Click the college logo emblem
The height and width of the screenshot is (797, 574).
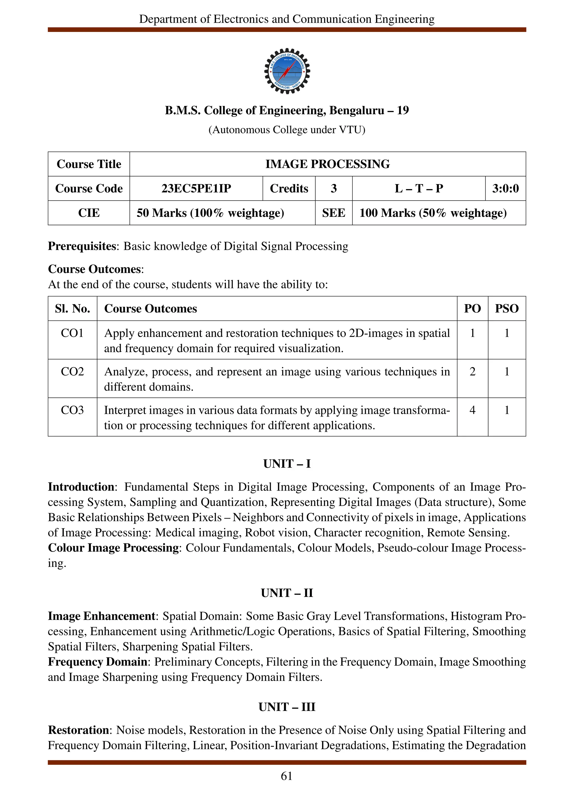(x=287, y=71)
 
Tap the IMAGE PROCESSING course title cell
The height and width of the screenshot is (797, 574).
(x=327, y=164)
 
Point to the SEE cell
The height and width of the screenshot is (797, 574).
(x=333, y=213)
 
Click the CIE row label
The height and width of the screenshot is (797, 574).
(x=89, y=213)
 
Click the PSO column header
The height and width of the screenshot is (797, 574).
(x=506, y=308)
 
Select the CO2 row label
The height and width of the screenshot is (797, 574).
(x=72, y=371)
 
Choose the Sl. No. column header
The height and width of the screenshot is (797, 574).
(x=72, y=308)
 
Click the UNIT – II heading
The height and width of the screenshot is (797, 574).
(x=287, y=593)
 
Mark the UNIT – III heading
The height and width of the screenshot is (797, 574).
(x=287, y=707)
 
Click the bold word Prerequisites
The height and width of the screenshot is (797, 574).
(x=82, y=246)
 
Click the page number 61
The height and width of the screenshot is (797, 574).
(x=287, y=776)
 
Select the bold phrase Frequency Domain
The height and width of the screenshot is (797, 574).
(x=97, y=662)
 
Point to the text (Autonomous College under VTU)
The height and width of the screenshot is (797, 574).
(x=287, y=130)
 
